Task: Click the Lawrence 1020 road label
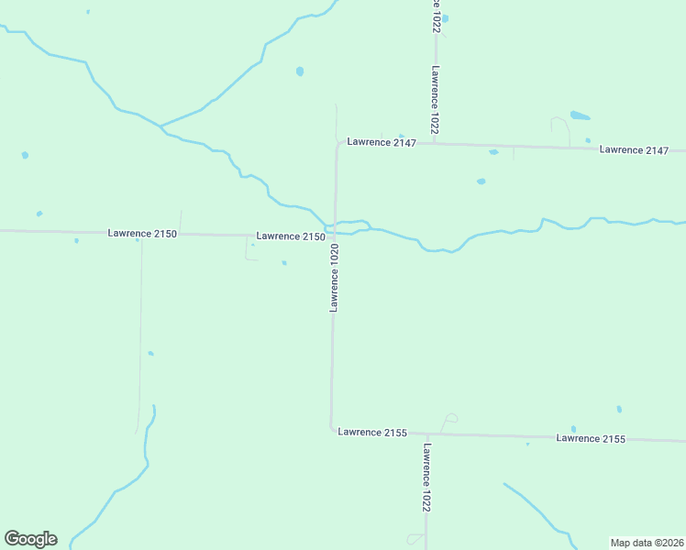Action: click(335, 278)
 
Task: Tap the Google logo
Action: click(30, 539)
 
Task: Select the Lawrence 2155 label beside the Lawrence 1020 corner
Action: click(371, 432)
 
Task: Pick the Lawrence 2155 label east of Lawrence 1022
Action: click(590, 439)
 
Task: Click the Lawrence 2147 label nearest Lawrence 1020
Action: click(382, 143)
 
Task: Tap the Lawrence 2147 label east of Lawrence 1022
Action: click(634, 149)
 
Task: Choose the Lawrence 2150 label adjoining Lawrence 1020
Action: click(291, 236)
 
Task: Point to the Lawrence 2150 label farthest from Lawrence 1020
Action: click(141, 234)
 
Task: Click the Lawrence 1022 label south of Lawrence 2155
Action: click(426, 478)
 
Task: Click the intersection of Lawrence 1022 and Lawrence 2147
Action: click(434, 144)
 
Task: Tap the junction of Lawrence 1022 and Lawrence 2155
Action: click(426, 434)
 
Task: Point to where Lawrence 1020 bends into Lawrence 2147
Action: click(337, 145)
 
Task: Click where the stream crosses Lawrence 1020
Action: click(335, 225)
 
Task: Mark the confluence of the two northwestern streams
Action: click(160, 125)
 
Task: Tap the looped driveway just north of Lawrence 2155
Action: click(448, 420)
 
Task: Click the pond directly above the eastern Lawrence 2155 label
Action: click(573, 429)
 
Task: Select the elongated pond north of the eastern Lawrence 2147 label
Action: click(580, 116)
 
